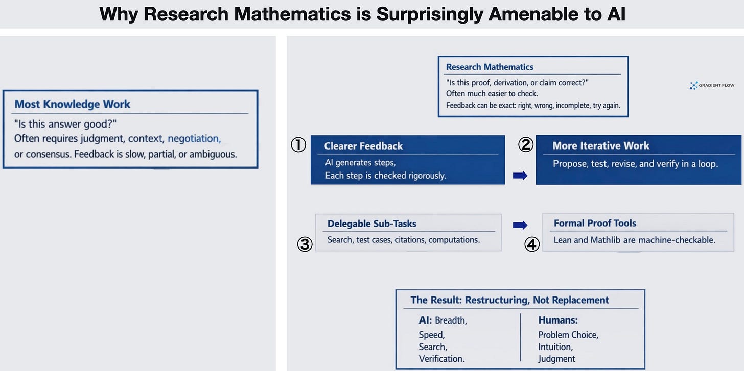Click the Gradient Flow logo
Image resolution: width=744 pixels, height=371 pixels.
712,85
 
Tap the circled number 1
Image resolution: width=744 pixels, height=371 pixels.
298,145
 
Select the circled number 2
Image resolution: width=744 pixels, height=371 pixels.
526,145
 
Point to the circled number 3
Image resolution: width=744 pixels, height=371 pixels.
305,244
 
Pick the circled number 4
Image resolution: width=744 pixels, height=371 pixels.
532,244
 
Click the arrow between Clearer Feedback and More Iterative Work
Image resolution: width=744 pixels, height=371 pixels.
520,175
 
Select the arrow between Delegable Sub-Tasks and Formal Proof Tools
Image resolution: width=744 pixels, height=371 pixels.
520,225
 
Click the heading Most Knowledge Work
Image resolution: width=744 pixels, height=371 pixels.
73,104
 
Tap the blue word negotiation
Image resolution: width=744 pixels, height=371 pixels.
194,138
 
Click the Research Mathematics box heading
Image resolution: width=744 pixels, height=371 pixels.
490,67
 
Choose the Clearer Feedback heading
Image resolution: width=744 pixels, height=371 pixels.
363,146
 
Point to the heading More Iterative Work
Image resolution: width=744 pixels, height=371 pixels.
601,145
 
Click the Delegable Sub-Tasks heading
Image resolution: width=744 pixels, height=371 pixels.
371,224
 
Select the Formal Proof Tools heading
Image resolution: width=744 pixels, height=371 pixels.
595,223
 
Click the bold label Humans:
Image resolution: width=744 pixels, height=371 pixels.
558,320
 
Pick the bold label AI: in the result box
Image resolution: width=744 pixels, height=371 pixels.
425,320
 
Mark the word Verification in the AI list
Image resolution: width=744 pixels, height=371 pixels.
441,359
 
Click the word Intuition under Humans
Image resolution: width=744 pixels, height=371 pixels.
555,347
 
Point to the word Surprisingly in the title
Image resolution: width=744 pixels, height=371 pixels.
430,14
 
